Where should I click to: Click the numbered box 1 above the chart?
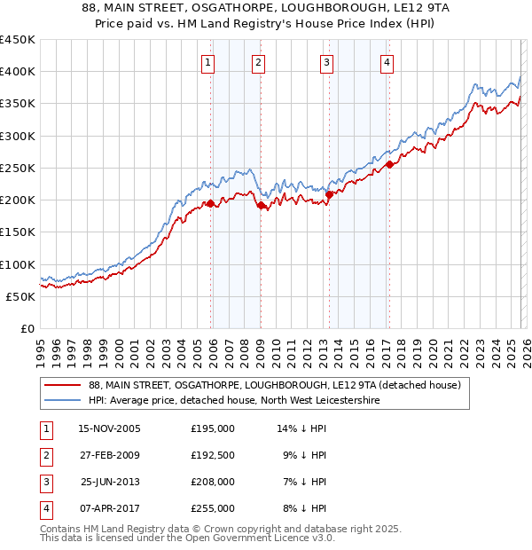[x=207, y=62]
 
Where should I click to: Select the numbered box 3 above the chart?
[x=326, y=62]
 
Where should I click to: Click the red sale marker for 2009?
[x=262, y=205]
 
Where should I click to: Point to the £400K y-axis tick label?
[x=18, y=72]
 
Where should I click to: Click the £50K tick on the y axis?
[x=21, y=296]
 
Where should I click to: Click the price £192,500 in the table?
[x=213, y=455]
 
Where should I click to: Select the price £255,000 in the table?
[x=213, y=508]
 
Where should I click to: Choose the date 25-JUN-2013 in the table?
[x=110, y=482]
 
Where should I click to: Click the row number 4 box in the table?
[x=45, y=508]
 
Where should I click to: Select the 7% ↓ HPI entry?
[x=305, y=482]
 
